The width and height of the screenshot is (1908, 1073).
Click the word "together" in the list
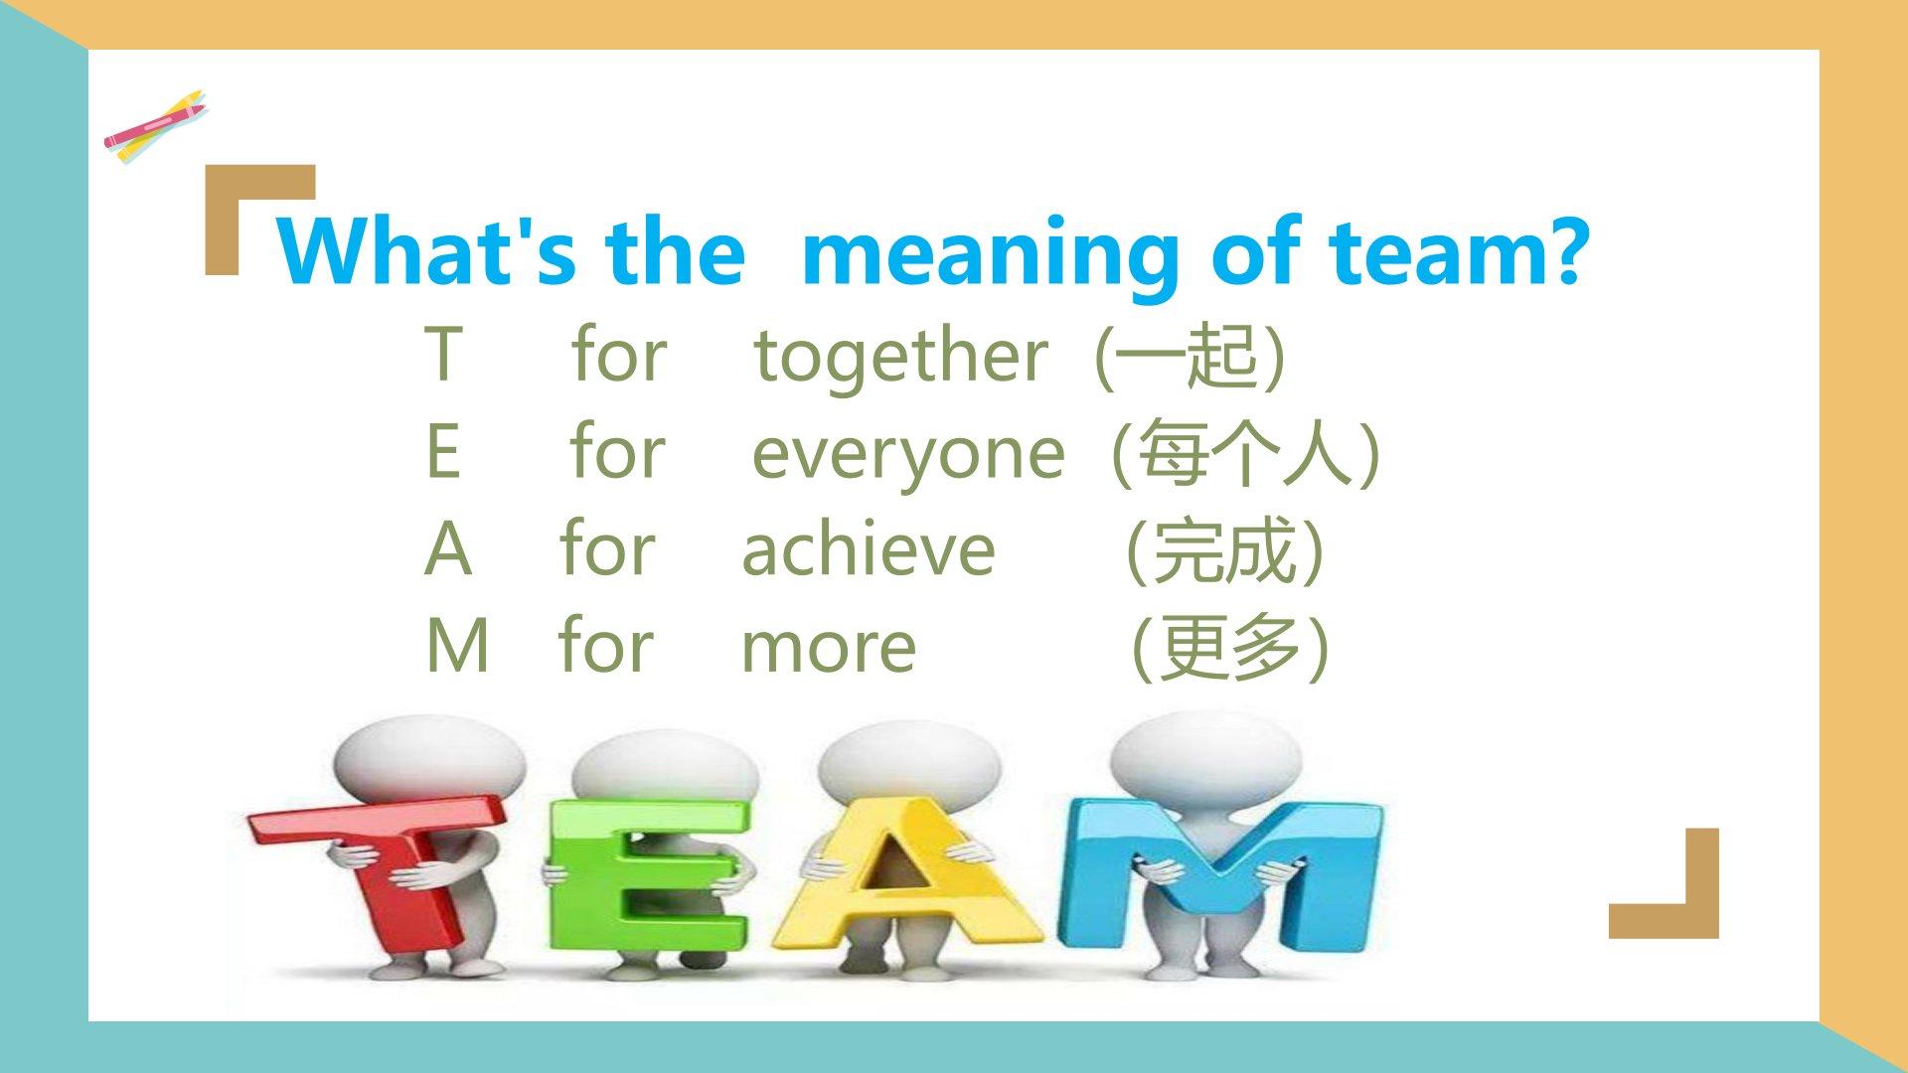coord(900,356)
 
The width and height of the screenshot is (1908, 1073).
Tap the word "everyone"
coord(907,454)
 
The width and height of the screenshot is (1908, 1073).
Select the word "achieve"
coord(869,548)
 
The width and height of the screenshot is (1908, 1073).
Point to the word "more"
coord(829,647)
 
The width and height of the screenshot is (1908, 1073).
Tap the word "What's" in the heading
coord(426,248)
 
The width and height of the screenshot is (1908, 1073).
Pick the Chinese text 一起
coord(1189,355)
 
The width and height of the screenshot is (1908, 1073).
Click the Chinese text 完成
coord(1223,549)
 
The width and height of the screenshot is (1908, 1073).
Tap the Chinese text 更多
coord(1230,647)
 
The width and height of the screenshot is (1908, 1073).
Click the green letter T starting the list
coord(442,354)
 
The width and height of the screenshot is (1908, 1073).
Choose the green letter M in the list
coord(457,647)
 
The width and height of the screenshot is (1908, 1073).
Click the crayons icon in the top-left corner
coord(156,126)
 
